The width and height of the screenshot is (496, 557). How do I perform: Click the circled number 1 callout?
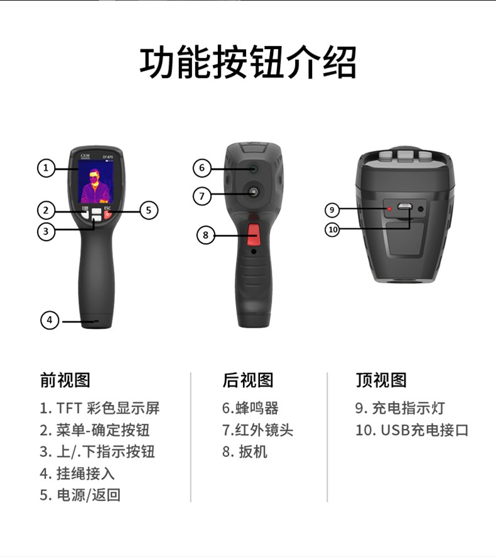click(46, 168)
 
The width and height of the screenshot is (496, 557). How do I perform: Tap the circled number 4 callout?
click(50, 320)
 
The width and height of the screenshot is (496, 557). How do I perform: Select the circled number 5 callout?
click(149, 211)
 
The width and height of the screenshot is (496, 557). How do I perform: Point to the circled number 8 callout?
click(206, 234)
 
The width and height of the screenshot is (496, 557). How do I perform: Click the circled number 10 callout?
click(332, 229)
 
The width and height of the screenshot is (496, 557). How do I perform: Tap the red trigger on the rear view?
click(253, 234)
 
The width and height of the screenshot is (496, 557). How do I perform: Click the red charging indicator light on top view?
click(389, 209)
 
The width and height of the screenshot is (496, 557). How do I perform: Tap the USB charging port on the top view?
click(404, 206)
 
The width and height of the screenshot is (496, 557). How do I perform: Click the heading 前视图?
click(65, 380)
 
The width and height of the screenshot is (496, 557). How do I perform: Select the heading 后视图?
click(248, 380)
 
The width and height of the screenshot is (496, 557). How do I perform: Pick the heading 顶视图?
click(381, 380)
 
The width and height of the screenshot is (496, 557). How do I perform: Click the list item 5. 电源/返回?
click(80, 495)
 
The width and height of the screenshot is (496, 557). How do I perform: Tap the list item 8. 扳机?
click(245, 451)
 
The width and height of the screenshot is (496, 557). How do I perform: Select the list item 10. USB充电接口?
click(412, 430)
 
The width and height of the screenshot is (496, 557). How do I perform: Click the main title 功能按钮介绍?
click(248, 62)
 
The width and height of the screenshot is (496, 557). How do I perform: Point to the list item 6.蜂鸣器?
click(251, 408)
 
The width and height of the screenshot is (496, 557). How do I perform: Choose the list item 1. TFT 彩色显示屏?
click(100, 408)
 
